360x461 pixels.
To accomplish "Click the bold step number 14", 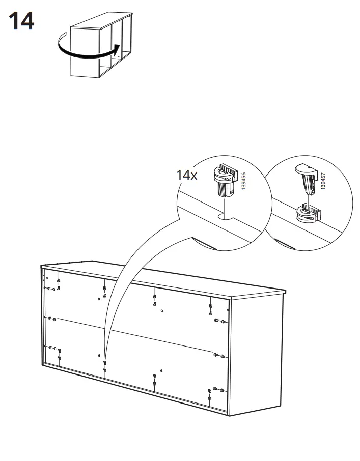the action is (x=21, y=21).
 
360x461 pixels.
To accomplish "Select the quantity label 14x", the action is (x=186, y=175).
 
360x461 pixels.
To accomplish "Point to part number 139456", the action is (x=243, y=181).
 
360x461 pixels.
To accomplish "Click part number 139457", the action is (x=323, y=181).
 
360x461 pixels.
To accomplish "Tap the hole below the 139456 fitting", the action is (x=225, y=217).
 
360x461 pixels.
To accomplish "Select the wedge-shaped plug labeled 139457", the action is (x=307, y=179).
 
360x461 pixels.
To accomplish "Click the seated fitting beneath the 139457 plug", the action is (x=308, y=213).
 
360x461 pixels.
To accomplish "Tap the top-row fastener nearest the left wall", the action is (x=59, y=284).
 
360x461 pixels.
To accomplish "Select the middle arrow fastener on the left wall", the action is (x=50, y=318).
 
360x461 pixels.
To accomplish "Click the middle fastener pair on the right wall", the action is (x=219, y=356).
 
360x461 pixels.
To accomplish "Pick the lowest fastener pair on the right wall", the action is (x=219, y=389).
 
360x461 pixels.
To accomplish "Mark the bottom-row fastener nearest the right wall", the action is (x=209, y=394).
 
